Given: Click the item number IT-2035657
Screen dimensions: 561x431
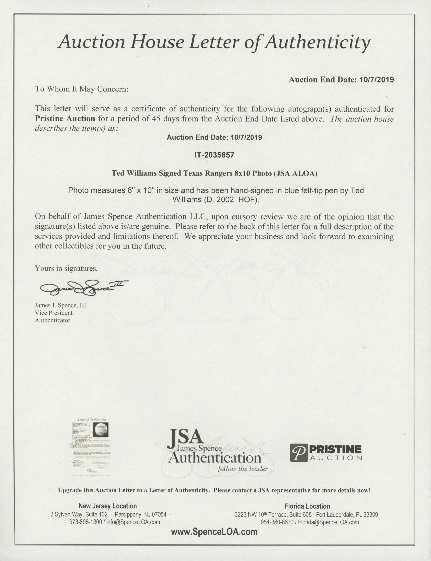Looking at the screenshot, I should click(x=214, y=155).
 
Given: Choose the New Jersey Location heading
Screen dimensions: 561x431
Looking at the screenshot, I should click(x=108, y=506).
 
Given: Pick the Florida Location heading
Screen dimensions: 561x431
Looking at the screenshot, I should click(x=307, y=506).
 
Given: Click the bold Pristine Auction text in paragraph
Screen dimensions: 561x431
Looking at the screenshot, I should click(x=65, y=119).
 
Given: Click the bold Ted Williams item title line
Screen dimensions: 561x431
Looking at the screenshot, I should click(x=214, y=173).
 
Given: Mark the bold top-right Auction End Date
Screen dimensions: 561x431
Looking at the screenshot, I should click(x=341, y=80).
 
